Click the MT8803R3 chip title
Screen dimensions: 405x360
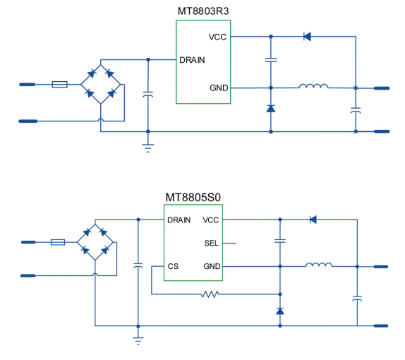[203, 11]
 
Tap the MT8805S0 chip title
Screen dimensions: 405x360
[193, 198]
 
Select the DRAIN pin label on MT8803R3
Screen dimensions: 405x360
[192, 60]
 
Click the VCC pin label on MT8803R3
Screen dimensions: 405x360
[217, 37]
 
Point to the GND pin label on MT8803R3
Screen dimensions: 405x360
[219, 88]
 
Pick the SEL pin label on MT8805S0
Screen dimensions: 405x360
[211, 244]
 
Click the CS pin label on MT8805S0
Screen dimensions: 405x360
[173, 266]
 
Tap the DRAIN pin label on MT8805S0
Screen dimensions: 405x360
[179, 220]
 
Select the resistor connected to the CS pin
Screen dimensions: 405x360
[210, 294]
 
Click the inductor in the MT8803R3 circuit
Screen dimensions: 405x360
[313, 86]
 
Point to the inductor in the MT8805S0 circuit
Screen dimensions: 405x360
[319, 265]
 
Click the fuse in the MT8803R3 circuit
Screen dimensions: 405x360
[60, 85]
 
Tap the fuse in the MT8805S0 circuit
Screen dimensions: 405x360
[58, 242]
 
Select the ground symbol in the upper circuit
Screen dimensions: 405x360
[148, 148]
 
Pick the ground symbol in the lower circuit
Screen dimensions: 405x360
[138, 341]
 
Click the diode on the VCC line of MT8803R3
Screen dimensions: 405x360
[307, 37]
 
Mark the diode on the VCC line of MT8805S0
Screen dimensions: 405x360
[313, 220]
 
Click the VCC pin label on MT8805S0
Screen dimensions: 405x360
[211, 220]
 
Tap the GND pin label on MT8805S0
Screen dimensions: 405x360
[212, 266]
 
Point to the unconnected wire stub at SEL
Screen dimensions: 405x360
[229, 244]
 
